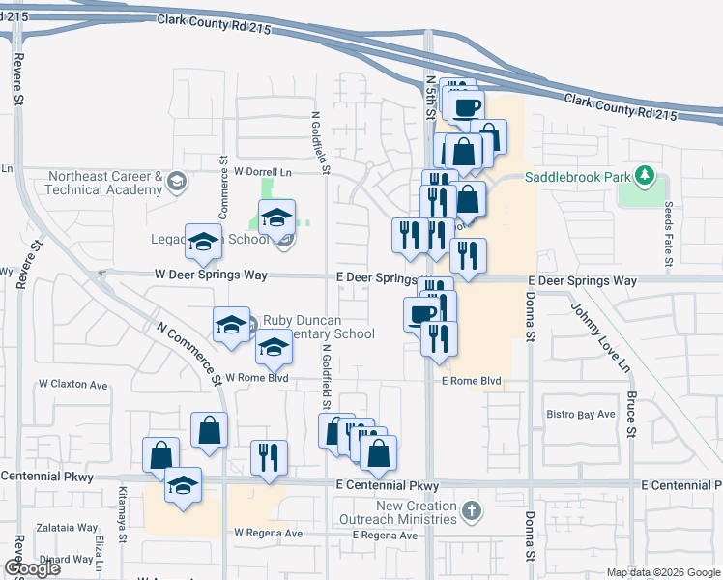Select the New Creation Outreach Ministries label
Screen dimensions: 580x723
(x=417, y=512)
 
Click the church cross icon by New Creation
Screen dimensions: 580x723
(x=471, y=510)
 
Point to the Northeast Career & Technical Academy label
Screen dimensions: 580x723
(x=103, y=184)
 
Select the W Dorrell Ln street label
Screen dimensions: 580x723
(x=262, y=170)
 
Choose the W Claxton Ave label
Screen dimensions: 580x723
(x=72, y=384)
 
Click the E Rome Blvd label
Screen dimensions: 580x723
(x=471, y=381)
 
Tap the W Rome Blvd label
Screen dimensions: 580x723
(x=257, y=377)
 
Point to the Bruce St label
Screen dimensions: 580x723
(x=630, y=415)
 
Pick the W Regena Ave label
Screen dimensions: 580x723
(x=268, y=533)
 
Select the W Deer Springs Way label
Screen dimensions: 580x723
(x=211, y=275)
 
